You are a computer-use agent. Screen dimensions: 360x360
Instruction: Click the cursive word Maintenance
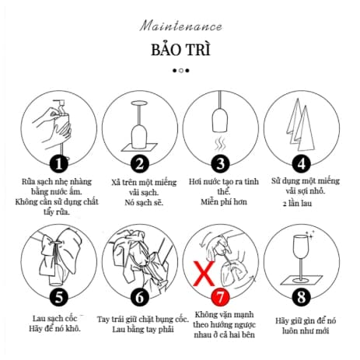(x=180, y=26)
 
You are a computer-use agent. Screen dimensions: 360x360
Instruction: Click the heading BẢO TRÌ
(x=180, y=49)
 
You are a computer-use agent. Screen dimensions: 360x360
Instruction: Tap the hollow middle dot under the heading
(x=181, y=71)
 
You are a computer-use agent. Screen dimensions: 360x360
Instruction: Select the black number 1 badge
(x=59, y=163)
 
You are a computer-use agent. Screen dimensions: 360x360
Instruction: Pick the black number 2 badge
(x=140, y=163)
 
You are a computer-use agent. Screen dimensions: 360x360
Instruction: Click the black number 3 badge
(x=221, y=163)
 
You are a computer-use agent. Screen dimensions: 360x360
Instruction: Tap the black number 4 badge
(x=302, y=163)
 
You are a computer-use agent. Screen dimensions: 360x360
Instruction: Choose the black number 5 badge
(x=59, y=297)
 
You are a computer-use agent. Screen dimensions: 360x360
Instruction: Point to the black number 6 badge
(x=140, y=297)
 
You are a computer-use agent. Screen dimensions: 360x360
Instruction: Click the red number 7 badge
(x=221, y=297)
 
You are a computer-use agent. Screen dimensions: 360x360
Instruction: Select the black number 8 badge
(x=302, y=297)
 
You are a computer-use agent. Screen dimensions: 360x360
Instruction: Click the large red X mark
(x=204, y=274)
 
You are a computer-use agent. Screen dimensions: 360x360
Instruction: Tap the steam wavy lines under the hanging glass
(x=220, y=144)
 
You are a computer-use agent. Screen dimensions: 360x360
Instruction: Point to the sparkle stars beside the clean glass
(x=310, y=233)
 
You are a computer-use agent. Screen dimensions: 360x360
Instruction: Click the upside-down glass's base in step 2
(x=139, y=103)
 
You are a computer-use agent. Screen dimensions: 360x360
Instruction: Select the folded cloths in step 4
(x=301, y=125)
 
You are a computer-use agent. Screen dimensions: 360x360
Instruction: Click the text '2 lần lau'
(x=297, y=203)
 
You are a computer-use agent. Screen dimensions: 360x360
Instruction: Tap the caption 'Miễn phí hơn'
(x=224, y=202)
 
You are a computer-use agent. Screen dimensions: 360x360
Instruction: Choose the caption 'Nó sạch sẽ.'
(x=144, y=202)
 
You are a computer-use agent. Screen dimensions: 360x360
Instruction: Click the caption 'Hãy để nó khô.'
(x=55, y=329)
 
